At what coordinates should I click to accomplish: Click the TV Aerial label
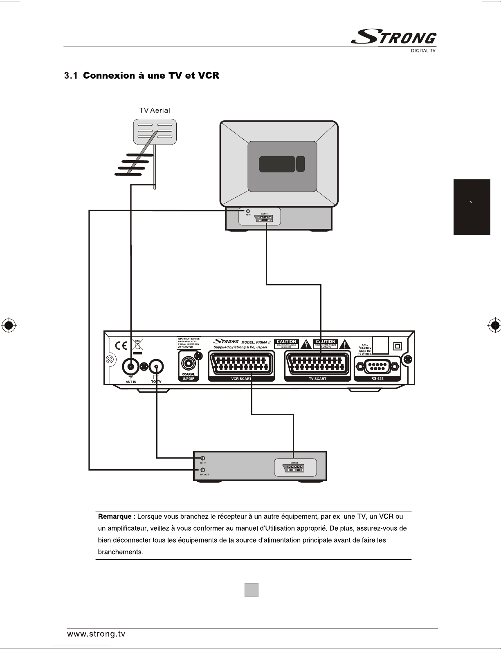click(155, 110)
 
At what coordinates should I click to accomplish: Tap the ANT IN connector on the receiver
click(131, 366)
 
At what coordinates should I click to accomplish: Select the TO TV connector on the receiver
click(157, 366)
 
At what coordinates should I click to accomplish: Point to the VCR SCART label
click(241, 379)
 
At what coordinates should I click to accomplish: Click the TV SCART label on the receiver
click(317, 379)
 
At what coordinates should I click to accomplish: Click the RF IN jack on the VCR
click(202, 458)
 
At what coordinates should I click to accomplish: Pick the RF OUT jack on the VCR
click(202, 470)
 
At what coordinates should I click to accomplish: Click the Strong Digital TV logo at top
click(393, 38)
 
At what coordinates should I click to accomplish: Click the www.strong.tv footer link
click(96, 634)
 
